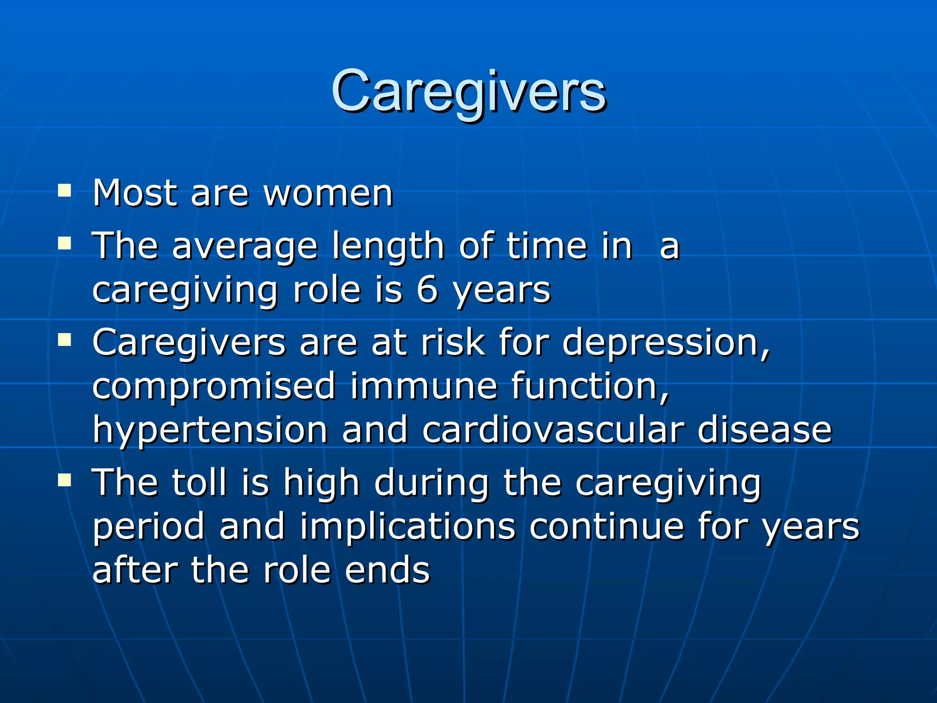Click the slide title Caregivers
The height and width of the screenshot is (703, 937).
click(x=468, y=92)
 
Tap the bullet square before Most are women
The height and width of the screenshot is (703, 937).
click(x=65, y=190)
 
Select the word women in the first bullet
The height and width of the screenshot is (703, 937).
click(x=328, y=194)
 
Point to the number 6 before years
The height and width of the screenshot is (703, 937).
click(x=427, y=290)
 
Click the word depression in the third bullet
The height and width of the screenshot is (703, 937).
click(x=666, y=343)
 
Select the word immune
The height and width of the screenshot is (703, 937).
click(x=424, y=386)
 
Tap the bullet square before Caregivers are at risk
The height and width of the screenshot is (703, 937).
click(x=65, y=340)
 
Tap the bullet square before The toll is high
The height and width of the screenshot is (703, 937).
click(x=65, y=480)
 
